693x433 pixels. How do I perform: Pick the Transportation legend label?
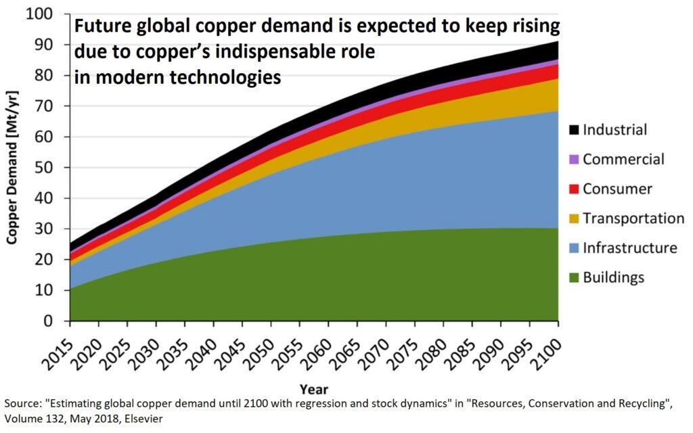click(633, 219)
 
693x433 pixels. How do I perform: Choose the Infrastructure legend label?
click(629, 248)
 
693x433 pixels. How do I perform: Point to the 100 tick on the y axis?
click(47, 14)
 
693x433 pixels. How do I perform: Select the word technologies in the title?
click(227, 77)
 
